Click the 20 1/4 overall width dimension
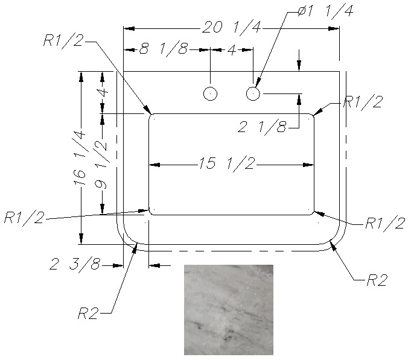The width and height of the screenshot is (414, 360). tap(231, 27)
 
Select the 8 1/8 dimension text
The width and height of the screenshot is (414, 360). tap(164, 49)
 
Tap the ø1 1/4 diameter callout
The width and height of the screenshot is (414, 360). tap(325, 11)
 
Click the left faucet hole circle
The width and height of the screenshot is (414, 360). tap(211, 93)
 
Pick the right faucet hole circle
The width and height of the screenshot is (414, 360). tap(253, 93)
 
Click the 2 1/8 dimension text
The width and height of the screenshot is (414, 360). tap(262, 127)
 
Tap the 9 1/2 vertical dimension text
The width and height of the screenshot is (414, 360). tap(101, 164)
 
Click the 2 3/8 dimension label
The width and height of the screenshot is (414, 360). tap(75, 264)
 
